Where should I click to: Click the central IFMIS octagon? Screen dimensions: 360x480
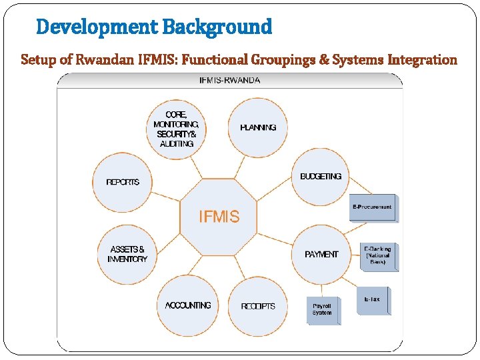219,217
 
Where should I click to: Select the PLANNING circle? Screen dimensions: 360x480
258,127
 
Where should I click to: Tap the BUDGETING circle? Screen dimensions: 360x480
321,177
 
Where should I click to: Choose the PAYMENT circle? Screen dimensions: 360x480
321,254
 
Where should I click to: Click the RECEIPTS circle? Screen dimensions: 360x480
258,306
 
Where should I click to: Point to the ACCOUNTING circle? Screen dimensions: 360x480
187,305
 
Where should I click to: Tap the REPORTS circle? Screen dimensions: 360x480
123,182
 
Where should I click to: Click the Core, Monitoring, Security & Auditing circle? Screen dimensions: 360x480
176,129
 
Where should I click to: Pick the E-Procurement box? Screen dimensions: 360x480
372,208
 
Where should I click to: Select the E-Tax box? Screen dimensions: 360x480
373,301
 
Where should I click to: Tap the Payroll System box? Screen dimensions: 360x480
322,310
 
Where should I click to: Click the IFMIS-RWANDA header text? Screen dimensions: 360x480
230,80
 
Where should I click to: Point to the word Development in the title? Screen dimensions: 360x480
97,27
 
